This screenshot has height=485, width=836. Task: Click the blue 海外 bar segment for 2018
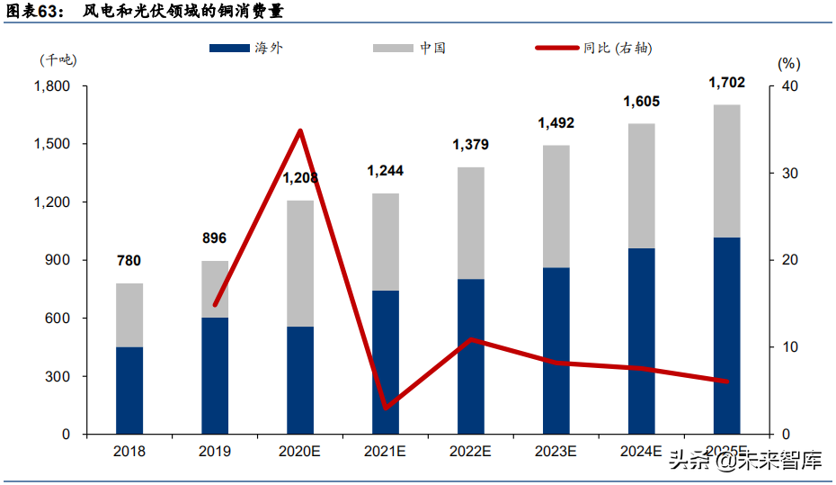[x=129, y=391]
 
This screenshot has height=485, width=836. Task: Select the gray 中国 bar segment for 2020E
[x=300, y=263]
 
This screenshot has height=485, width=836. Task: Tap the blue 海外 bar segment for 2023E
[x=556, y=351]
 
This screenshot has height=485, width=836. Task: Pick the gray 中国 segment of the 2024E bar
[x=641, y=185]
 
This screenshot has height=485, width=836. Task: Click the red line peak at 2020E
[x=300, y=130]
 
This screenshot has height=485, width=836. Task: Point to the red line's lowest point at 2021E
[x=385, y=409]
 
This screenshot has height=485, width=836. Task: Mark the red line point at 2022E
[x=470, y=339]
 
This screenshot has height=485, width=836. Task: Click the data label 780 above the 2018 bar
[x=129, y=261]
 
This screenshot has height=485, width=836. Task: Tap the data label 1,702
[x=726, y=83]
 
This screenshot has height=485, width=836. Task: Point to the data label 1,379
[x=470, y=145]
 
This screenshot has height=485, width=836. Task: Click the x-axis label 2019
[x=215, y=452]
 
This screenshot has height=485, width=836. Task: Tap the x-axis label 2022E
[x=470, y=452]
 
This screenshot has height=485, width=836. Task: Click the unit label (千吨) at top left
[x=58, y=60]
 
